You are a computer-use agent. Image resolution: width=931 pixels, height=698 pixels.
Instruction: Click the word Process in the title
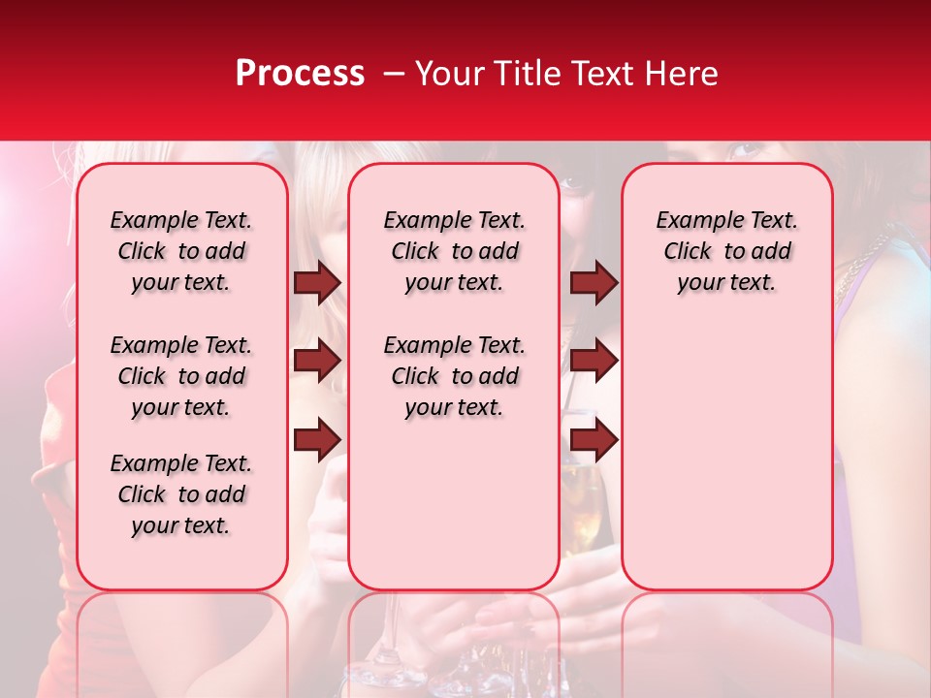pos(299,74)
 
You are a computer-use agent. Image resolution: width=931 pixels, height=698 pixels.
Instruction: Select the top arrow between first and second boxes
pos(317,282)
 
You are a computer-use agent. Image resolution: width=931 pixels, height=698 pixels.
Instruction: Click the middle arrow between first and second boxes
pos(317,362)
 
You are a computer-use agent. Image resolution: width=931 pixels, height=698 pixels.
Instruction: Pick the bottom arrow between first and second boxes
pos(317,440)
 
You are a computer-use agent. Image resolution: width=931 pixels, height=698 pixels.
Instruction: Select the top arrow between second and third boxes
pos(594,282)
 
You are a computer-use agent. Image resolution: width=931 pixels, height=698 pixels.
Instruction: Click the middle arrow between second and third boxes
pos(594,362)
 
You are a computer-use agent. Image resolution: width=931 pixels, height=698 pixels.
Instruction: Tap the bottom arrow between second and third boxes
pos(594,440)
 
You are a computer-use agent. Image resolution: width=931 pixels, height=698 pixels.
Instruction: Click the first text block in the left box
pos(181,251)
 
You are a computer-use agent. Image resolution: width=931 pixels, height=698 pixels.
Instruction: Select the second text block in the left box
pos(181,376)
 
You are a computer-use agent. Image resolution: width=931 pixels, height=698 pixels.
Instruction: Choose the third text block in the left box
pos(181,494)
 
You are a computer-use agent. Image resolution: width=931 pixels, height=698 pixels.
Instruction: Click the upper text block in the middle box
pos(454,251)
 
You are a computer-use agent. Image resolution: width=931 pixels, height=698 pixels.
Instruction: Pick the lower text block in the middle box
pos(454,376)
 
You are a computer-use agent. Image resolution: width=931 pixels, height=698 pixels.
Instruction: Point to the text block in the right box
pos(726,251)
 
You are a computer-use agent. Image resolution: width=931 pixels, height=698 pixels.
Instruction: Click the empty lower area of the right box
pos(726,456)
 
